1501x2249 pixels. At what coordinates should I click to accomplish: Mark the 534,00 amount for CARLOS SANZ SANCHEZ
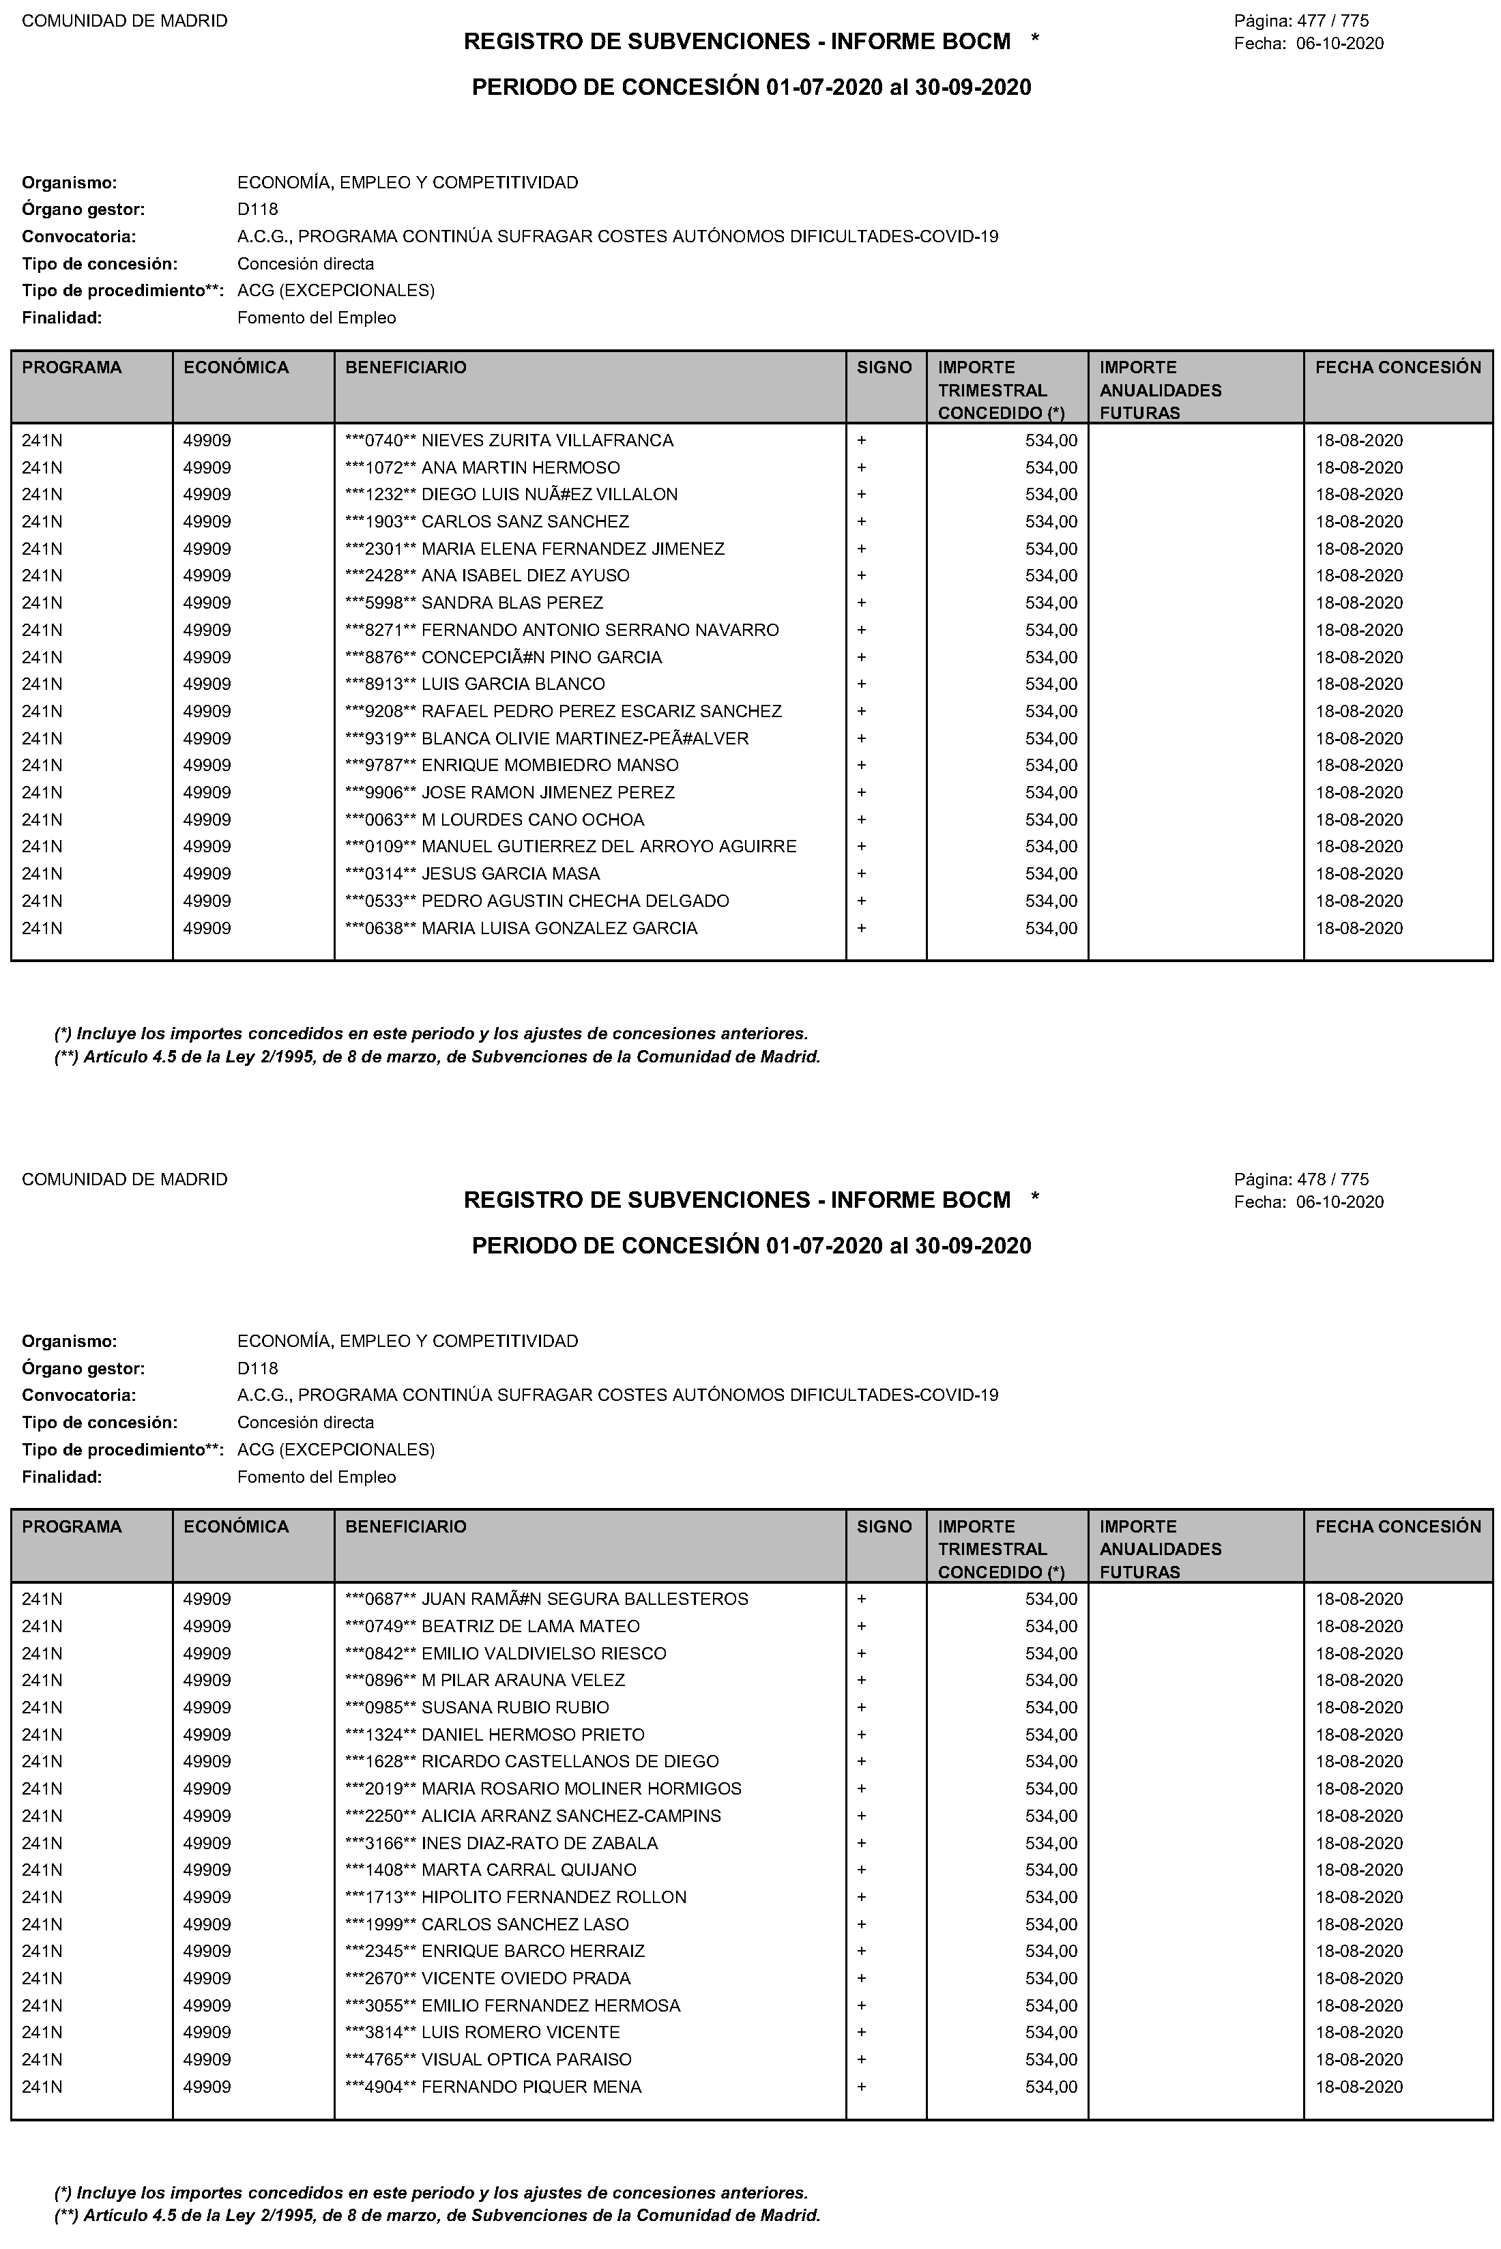pos(1051,522)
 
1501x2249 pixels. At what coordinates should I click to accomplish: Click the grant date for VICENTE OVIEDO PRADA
pos(1358,1978)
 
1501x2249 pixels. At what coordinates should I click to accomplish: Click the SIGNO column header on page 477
pos(884,368)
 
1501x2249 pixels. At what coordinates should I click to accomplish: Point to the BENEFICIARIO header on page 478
pos(406,1526)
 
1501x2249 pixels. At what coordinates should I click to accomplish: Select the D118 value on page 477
pos(257,209)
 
